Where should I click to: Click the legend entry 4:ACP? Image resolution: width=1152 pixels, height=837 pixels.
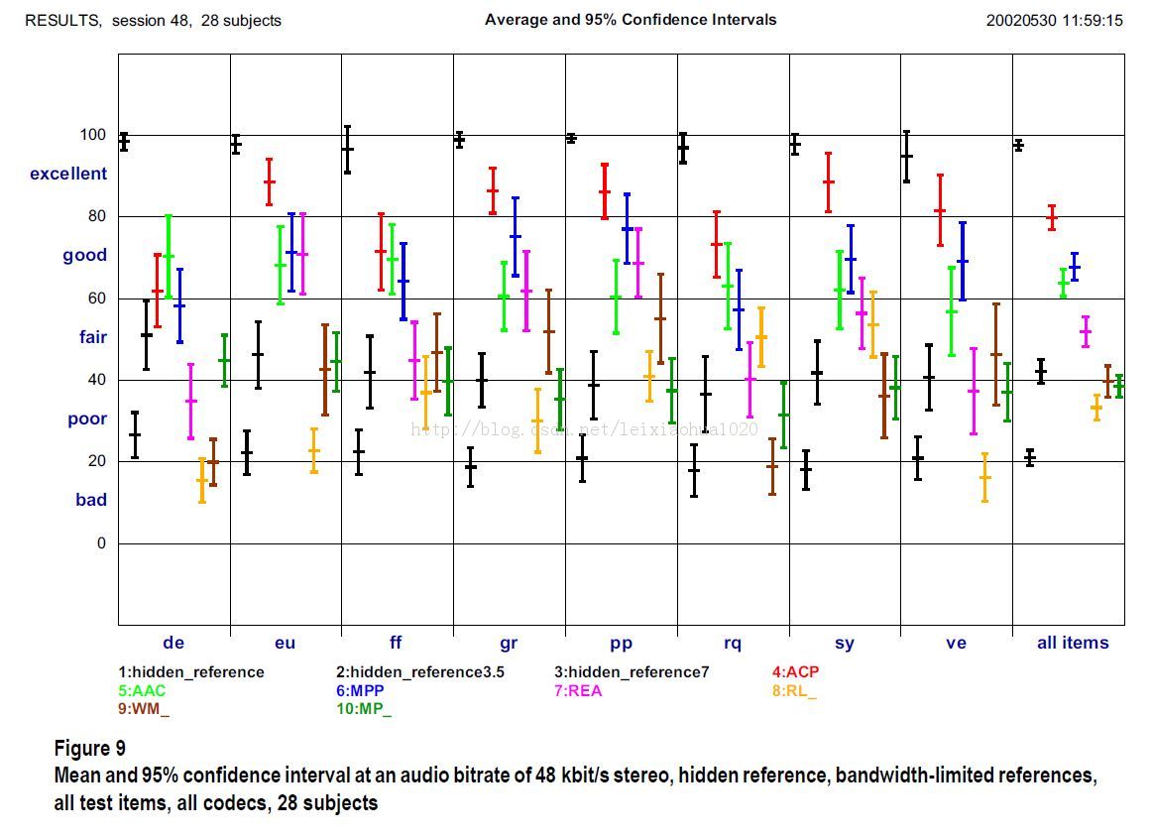click(795, 672)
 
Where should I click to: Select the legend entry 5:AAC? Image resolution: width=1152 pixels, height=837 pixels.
click(142, 691)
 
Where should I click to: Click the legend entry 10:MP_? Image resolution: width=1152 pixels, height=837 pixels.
click(364, 709)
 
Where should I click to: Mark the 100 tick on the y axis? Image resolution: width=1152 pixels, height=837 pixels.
click(93, 135)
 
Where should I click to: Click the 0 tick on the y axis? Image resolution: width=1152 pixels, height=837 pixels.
click(100, 543)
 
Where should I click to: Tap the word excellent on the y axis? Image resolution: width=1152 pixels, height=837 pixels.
click(68, 174)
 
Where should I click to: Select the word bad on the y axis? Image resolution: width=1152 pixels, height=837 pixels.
click(91, 500)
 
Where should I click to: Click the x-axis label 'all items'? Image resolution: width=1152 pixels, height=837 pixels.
click(1073, 643)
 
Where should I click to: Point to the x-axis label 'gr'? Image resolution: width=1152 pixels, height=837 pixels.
click(509, 643)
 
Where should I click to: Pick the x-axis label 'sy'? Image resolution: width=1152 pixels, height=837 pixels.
click(845, 643)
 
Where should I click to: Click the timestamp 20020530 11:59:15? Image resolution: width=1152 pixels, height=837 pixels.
click(1054, 20)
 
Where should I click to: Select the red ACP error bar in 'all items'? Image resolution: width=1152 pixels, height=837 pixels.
click(1052, 217)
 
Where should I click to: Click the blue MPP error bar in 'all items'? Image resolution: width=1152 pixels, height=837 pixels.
click(1075, 267)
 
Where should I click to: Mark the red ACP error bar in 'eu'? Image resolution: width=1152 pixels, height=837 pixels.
click(269, 182)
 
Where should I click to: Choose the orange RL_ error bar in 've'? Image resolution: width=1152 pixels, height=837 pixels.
click(984, 477)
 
